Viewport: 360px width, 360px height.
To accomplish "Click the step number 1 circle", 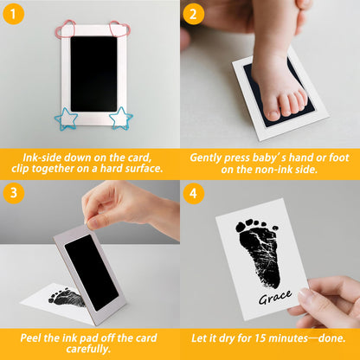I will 14,15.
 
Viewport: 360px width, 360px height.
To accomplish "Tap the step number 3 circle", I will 14,194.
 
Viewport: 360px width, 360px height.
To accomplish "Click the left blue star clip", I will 67,119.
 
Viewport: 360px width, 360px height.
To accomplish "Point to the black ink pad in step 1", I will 93,74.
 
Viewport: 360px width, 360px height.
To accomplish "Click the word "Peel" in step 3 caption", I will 35,336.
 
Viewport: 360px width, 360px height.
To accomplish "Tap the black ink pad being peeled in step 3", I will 92,272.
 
